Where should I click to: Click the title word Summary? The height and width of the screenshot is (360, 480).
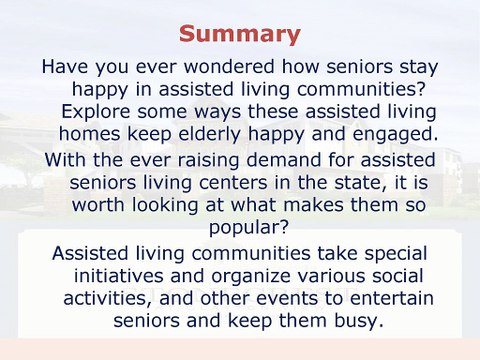click(239, 35)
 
